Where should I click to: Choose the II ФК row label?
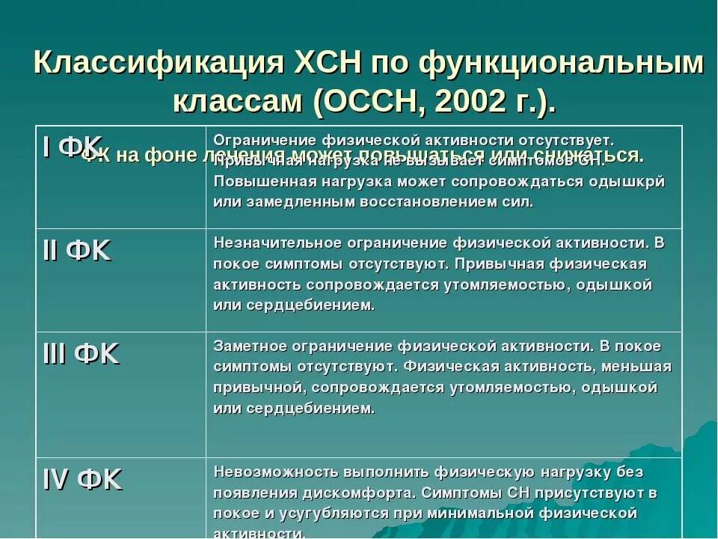pyautogui.click(x=77, y=251)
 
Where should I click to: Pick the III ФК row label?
pyautogui.click(x=81, y=354)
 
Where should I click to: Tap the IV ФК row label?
pyautogui.click(x=82, y=479)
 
